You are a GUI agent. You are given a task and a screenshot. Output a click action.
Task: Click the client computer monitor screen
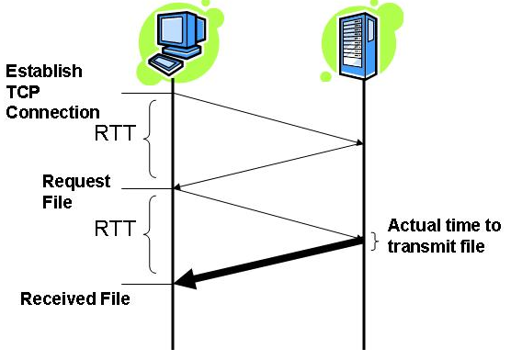[176, 32]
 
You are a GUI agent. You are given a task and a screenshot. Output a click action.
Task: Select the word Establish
[43, 71]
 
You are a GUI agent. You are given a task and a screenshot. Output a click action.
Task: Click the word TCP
[25, 92]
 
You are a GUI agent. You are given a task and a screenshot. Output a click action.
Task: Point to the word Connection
[53, 112]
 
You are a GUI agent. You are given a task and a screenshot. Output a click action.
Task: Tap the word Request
[76, 181]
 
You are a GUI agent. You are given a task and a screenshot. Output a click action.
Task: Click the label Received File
[75, 298]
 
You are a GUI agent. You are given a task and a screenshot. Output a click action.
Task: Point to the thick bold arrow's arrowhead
[184, 282]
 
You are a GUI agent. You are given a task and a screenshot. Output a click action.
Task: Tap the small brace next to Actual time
[374, 241]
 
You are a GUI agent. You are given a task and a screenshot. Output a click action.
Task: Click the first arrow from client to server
[267, 118]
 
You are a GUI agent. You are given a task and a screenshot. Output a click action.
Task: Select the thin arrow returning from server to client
[267, 165]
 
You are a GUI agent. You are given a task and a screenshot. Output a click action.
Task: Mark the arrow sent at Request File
[267, 212]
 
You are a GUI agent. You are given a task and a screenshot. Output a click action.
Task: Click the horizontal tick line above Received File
[147, 283]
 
